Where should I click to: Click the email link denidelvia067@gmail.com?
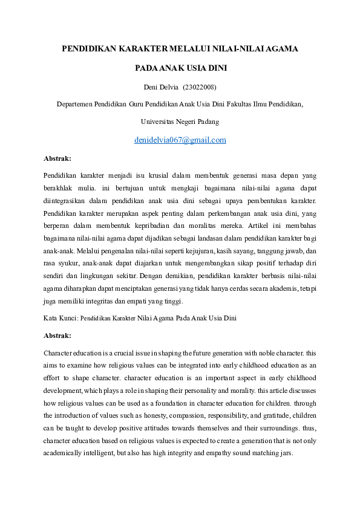(x=180, y=140)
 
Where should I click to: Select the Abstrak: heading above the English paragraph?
(x=57, y=335)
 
